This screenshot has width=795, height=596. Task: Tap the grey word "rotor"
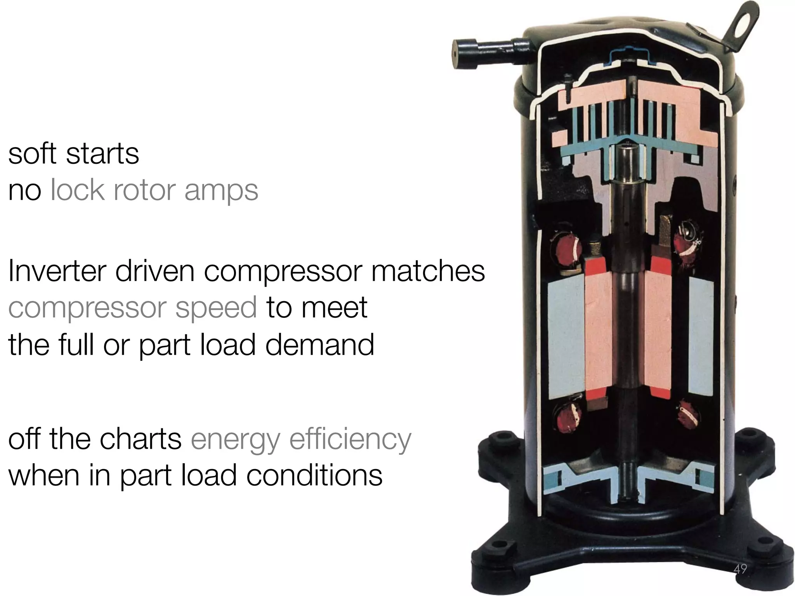pyautogui.click(x=143, y=191)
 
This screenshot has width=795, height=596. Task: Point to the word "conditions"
pyautogui.click(x=314, y=476)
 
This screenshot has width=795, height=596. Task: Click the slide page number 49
pyautogui.click(x=740, y=569)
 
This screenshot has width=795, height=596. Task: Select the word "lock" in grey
pyautogui.click(x=78, y=191)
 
